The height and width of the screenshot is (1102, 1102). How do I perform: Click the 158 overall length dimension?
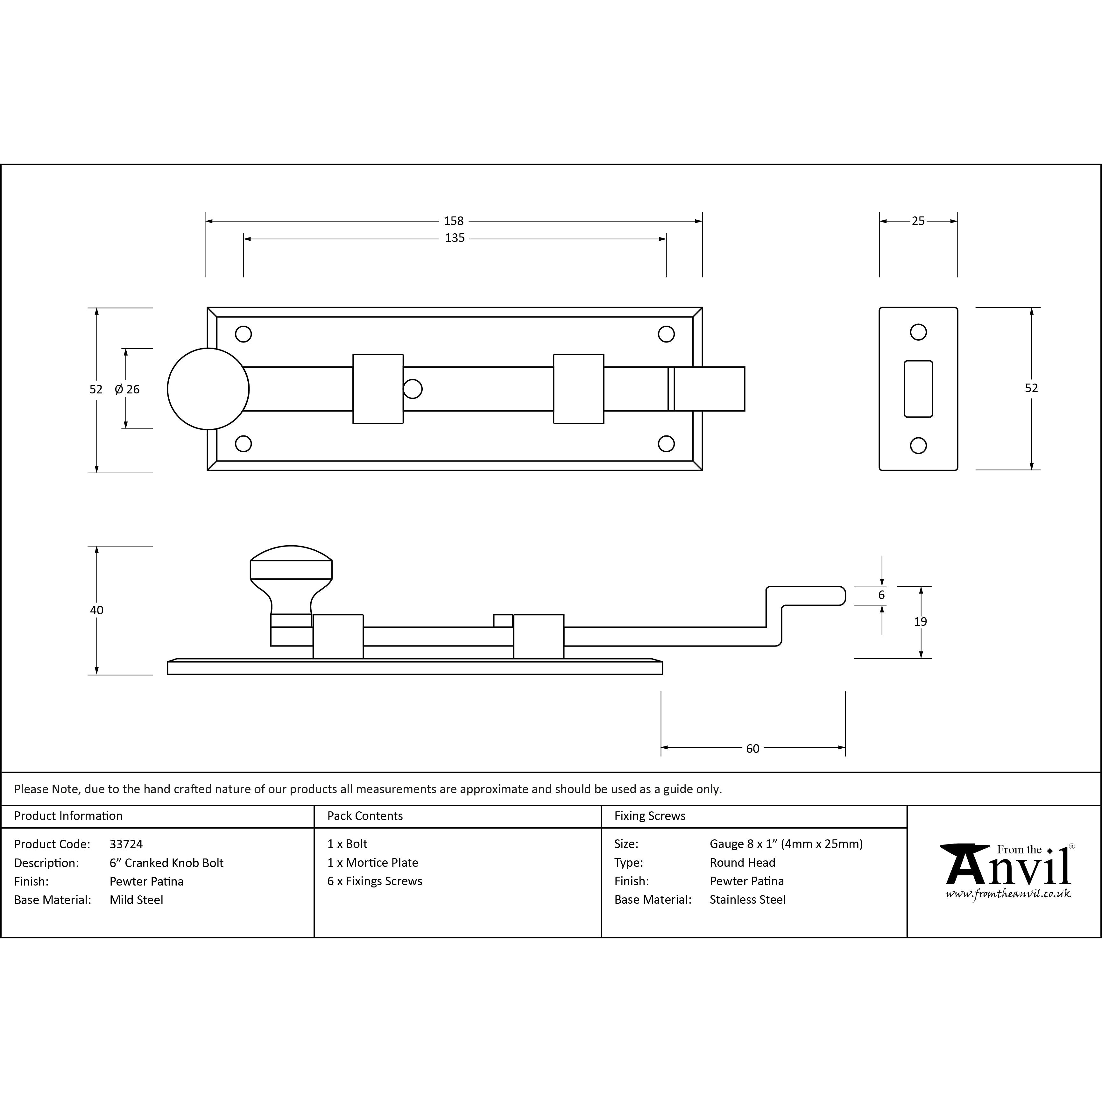tap(454, 221)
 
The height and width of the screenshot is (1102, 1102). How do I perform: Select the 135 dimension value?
tap(455, 238)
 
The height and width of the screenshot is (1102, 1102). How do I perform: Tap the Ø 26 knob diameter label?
tap(127, 389)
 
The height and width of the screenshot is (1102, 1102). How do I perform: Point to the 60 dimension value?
tap(752, 748)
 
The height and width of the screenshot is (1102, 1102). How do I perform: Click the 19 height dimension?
tap(920, 622)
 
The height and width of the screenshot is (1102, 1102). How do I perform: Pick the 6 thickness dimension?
tap(881, 595)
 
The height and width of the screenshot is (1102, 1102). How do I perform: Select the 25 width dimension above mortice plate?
tap(918, 221)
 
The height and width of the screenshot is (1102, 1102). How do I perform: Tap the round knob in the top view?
tap(208, 389)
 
